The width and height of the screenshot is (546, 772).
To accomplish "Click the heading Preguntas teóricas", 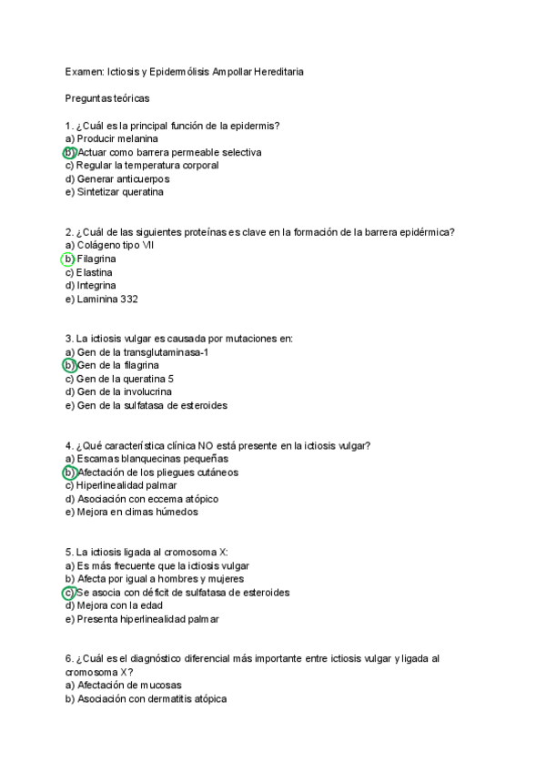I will [x=107, y=97].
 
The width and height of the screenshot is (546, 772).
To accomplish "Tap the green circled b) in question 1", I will [x=69, y=152].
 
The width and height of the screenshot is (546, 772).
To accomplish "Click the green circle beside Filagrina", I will [x=68, y=259].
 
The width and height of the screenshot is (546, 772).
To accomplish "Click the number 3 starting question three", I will [x=68, y=339].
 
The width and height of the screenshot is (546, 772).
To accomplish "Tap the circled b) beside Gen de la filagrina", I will [x=69, y=365].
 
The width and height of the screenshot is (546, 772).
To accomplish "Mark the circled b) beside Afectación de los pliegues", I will [x=69, y=472].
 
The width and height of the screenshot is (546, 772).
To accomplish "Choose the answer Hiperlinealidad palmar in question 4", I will [x=126, y=485].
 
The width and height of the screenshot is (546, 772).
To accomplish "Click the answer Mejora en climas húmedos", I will [x=132, y=512].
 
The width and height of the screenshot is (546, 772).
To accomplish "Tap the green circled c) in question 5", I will [x=69, y=593].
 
